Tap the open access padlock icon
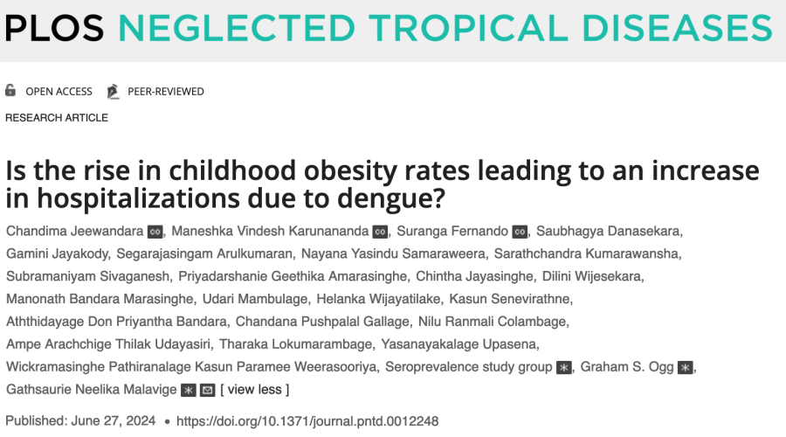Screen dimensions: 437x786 (10, 91)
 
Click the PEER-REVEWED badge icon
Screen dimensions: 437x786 (113, 91)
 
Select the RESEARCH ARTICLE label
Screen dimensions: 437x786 (57, 118)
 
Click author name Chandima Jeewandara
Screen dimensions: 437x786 (74, 232)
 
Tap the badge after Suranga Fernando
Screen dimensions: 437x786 (520, 232)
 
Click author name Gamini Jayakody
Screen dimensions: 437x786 (61, 254)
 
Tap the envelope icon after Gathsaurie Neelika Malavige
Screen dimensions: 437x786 (207, 390)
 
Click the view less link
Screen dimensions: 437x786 (254, 390)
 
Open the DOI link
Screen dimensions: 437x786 (307, 421)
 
